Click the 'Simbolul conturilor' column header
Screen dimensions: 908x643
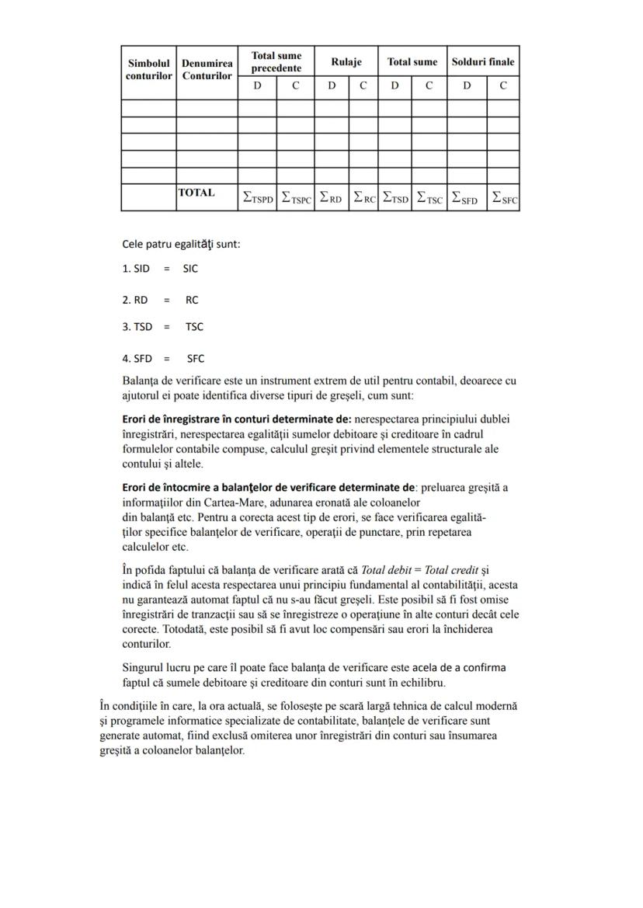click(x=148, y=70)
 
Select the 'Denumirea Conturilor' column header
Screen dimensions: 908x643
click(x=207, y=70)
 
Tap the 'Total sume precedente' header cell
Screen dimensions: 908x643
click(x=276, y=62)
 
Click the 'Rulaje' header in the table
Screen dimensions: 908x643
click(x=346, y=62)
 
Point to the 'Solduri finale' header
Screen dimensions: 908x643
click(x=483, y=62)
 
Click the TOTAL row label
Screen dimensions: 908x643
click(x=196, y=193)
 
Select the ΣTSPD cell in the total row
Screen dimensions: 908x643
click(x=257, y=198)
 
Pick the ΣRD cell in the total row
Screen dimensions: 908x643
click(x=332, y=198)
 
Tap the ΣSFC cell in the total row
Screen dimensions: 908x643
click(x=504, y=198)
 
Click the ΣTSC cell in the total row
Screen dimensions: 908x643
click(x=429, y=198)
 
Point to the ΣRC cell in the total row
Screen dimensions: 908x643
click(x=363, y=198)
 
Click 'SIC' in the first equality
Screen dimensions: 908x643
click(x=190, y=269)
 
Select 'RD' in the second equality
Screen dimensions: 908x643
click(x=141, y=300)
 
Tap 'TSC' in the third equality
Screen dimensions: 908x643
click(x=194, y=327)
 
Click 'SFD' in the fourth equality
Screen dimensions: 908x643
click(x=142, y=359)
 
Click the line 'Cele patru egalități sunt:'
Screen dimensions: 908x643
click(x=181, y=244)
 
